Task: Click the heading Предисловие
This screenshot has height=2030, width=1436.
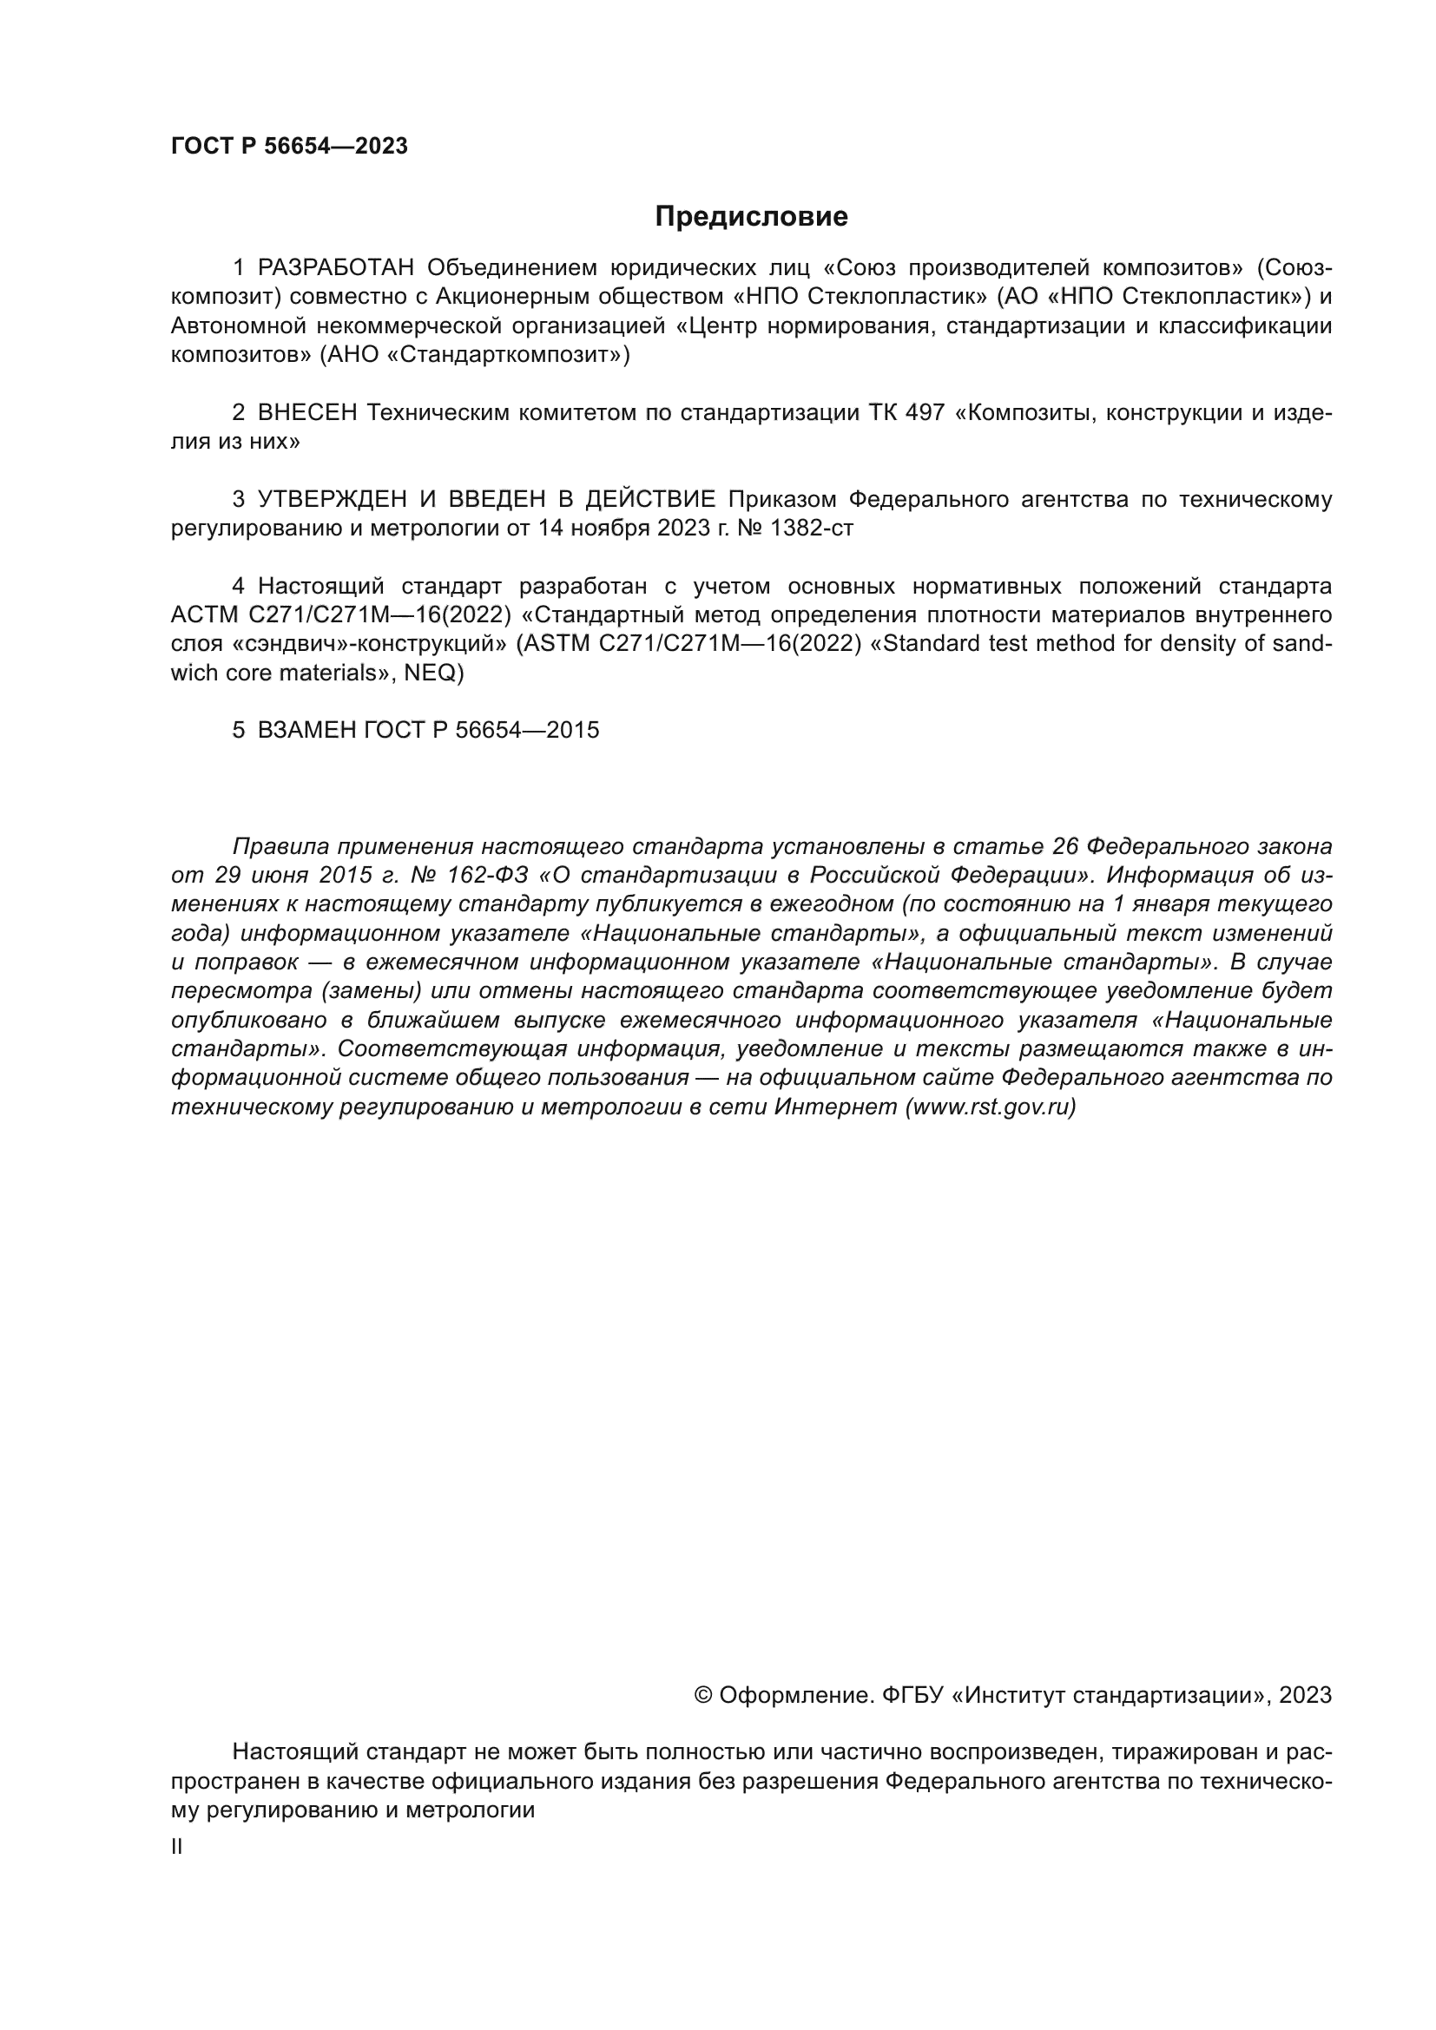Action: coord(751,217)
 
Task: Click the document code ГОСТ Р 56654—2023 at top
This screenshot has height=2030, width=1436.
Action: coord(289,147)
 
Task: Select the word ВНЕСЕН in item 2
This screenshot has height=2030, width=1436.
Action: coord(306,413)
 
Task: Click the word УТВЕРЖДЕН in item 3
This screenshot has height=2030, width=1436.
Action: coord(332,500)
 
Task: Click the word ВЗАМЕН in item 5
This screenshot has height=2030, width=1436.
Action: coord(306,730)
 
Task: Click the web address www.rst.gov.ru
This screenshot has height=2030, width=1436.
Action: coord(991,1107)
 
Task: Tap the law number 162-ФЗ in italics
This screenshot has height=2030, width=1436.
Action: coord(478,876)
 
